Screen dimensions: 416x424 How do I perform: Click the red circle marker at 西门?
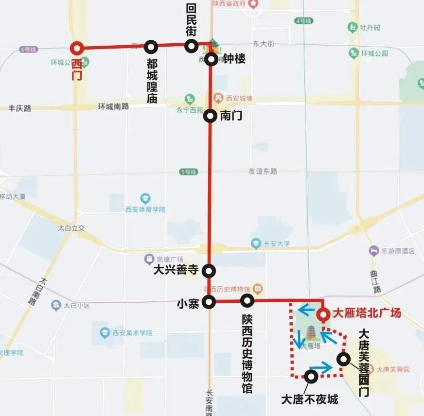click(77, 48)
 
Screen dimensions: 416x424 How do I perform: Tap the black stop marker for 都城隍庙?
click(151, 47)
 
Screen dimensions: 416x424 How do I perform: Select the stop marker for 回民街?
click(191, 46)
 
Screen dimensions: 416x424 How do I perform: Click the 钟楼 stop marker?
click(211, 60)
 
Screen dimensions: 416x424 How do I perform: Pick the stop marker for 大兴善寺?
click(209, 270)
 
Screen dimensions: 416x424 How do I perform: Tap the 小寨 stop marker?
click(209, 302)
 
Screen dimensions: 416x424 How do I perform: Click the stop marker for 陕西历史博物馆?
click(247, 300)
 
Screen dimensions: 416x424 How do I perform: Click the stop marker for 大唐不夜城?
click(311, 376)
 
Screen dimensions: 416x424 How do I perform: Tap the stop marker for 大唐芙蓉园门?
click(343, 359)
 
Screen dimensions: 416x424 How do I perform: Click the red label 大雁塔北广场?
click(367, 313)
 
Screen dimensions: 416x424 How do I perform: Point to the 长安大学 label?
click(278, 243)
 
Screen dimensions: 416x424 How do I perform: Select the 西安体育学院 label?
click(145, 209)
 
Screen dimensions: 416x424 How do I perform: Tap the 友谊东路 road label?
click(263, 171)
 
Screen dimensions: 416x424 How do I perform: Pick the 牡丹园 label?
click(370, 28)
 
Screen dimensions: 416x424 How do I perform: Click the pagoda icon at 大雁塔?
click(310, 333)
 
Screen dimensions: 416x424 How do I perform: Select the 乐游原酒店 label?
click(398, 251)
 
